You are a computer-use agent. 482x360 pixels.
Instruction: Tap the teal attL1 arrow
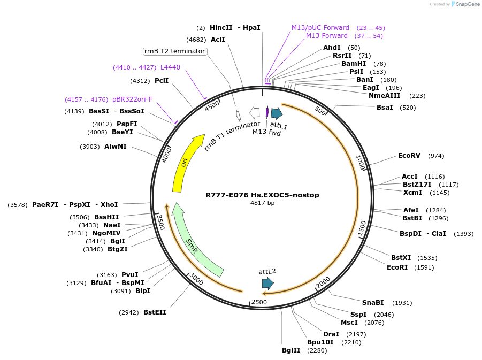(x=276, y=113)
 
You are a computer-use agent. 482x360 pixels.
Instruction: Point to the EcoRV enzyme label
(x=409, y=156)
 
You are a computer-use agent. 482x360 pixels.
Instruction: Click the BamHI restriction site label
(x=354, y=64)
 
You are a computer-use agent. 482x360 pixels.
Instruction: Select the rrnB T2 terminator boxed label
(x=175, y=51)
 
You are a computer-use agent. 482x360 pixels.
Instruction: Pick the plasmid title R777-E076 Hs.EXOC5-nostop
(x=262, y=195)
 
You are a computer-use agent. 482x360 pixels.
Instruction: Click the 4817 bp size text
(x=262, y=203)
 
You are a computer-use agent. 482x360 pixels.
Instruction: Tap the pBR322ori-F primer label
(x=132, y=99)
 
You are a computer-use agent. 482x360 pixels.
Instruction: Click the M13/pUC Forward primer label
(x=320, y=28)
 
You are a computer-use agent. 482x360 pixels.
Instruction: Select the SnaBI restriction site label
(x=373, y=303)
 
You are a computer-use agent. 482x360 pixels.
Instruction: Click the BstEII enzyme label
(x=155, y=312)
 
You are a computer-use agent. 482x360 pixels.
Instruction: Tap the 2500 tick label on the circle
(x=259, y=302)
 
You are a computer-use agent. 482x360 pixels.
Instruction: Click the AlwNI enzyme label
(x=116, y=147)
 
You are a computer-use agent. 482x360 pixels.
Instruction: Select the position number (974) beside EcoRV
(x=436, y=156)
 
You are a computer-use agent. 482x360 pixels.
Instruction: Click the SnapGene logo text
(x=466, y=4)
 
